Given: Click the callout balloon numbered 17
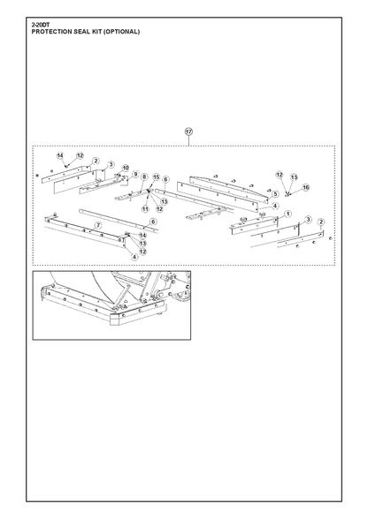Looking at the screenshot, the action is click(188, 132).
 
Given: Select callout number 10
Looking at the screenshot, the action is click(125, 168).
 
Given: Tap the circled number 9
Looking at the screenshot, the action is click(135, 174).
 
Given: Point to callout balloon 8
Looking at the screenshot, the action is click(144, 177).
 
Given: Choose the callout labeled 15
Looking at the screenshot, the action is click(157, 177).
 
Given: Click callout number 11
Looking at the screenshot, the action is click(145, 209).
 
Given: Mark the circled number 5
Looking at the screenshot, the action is click(275, 194).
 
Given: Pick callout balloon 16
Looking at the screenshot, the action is click(305, 188).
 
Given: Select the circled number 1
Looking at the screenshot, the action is click(287, 214).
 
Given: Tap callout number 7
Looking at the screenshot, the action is click(98, 226).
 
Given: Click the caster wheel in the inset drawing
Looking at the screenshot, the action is click(183, 295).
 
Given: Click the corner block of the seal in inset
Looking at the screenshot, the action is click(115, 319).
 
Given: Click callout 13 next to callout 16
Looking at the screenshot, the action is click(294, 177).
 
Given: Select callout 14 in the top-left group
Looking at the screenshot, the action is click(60, 155).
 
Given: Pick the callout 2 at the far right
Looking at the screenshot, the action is click(321, 222).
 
